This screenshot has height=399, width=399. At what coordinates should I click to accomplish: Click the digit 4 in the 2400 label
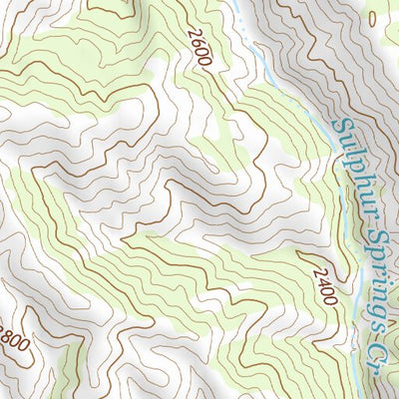(x=316, y=278)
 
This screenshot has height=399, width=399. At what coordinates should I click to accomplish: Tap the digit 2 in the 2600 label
(x=193, y=34)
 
